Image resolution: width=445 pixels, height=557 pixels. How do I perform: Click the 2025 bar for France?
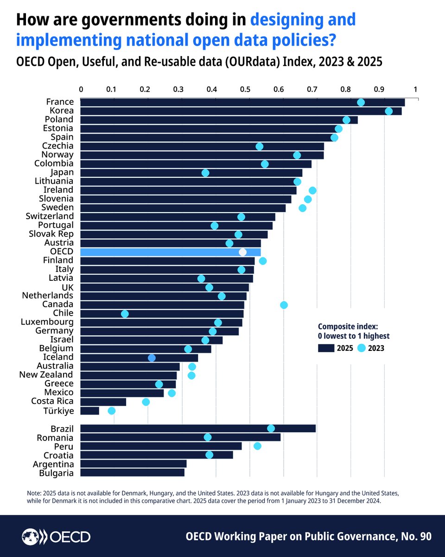pos(241,103)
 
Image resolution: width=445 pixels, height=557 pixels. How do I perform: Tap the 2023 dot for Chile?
pos(125,314)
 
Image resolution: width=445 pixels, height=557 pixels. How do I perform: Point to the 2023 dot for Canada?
pos(284,305)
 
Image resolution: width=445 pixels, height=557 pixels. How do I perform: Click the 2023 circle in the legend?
pos(362,348)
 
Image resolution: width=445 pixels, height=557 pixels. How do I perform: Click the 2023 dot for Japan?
pos(205,173)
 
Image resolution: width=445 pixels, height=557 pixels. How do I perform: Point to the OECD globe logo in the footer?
pos(31,537)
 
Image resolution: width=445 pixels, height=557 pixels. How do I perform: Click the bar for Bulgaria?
pos(132,473)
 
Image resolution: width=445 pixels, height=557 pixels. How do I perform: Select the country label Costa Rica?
pos(52,401)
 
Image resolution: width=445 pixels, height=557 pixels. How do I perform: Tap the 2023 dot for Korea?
pos(388,111)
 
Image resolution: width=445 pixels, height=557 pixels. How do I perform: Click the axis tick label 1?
pos(415,89)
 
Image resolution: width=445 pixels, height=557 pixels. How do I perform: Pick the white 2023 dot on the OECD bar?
pos(242,252)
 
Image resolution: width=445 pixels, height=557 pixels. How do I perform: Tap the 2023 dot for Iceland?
pos(152,358)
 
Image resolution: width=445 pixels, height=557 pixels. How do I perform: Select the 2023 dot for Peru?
pos(257,446)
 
